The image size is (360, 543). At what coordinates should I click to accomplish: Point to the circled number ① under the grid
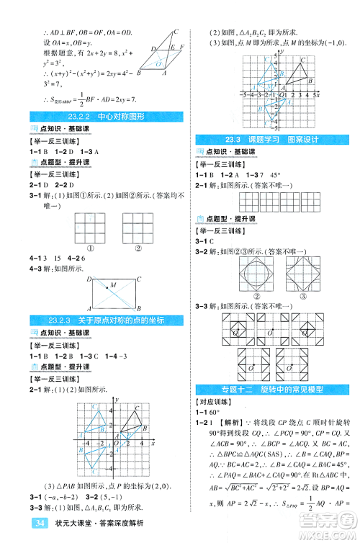point(91,250)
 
